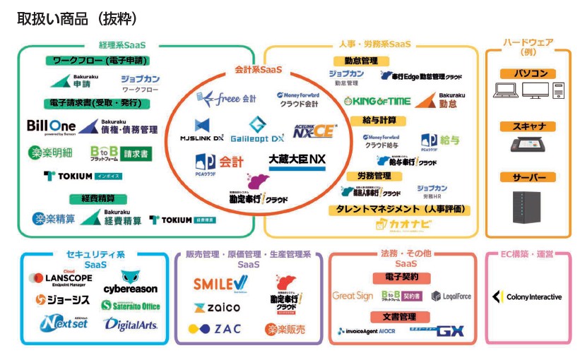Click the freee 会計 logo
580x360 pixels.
tap(227, 98)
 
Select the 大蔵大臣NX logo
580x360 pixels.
tap(297, 160)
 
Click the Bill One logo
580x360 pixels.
tap(51, 127)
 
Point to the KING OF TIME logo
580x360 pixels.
tap(377, 101)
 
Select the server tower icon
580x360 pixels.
tap(527, 208)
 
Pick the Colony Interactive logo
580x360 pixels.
tap(528, 297)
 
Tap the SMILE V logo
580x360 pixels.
tap(220, 284)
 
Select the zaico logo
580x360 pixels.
tap(217, 308)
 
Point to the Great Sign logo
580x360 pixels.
tap(353, 296)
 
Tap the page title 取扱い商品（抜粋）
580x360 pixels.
tap(77, 18)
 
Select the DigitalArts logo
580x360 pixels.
tap(131, 325)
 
